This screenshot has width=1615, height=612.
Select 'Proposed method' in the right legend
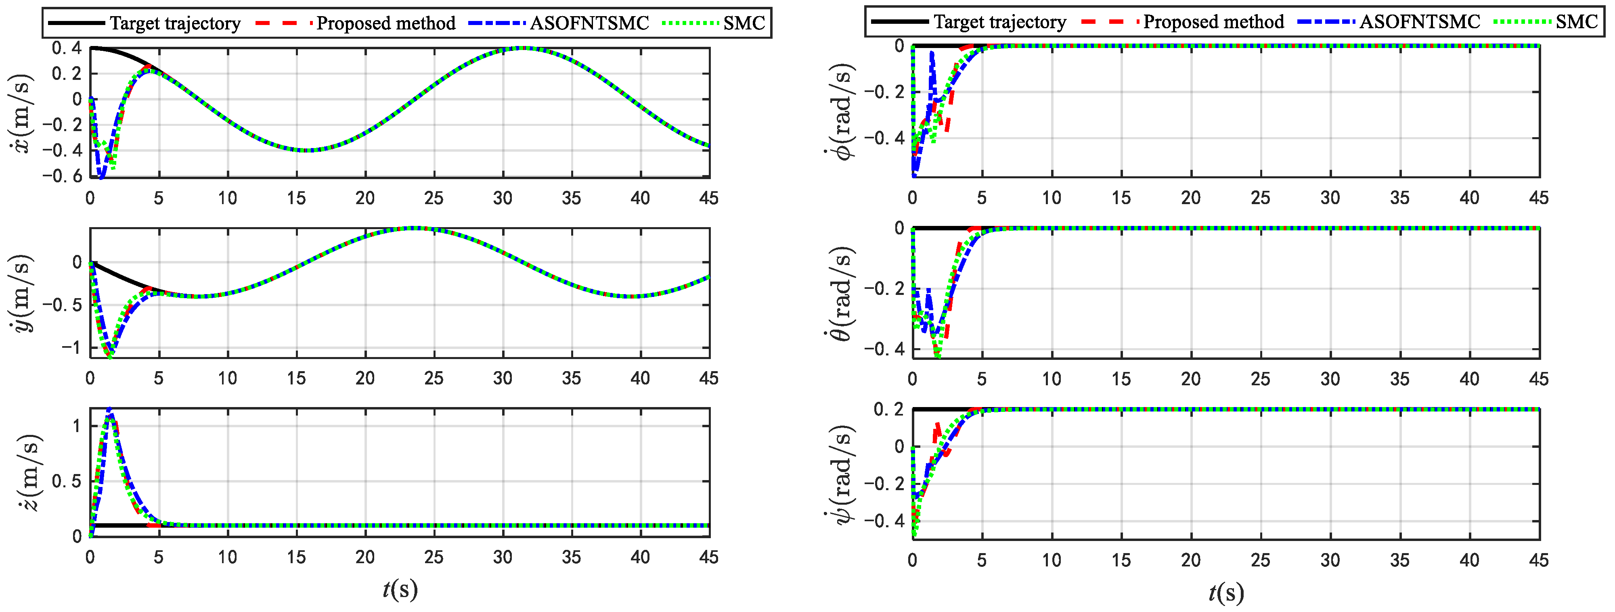[1213, 22]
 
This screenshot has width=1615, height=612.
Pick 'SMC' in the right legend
[1576, 22]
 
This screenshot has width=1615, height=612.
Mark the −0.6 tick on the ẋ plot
[62, 177]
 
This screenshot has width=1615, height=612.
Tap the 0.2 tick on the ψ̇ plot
[888, 409]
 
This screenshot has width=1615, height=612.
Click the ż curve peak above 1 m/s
[110, 411]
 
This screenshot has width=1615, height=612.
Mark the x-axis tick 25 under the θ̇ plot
[1260, 379]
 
